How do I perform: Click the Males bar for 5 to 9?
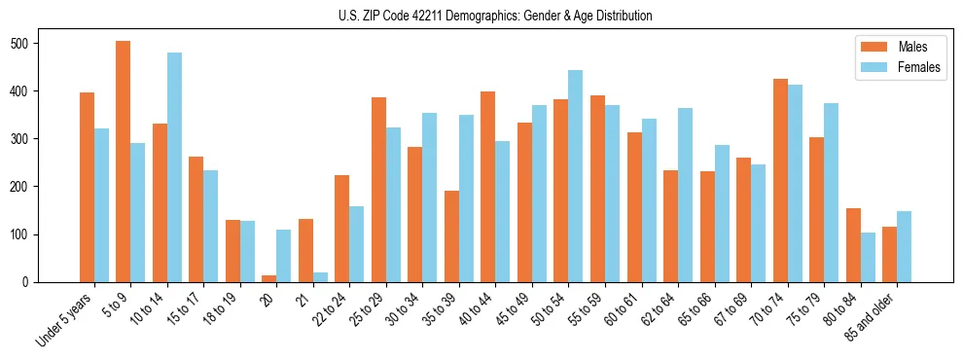124,162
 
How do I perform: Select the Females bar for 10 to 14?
174,167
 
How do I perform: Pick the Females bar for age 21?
320,277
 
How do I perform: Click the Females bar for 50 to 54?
576,176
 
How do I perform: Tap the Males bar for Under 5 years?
87,187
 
